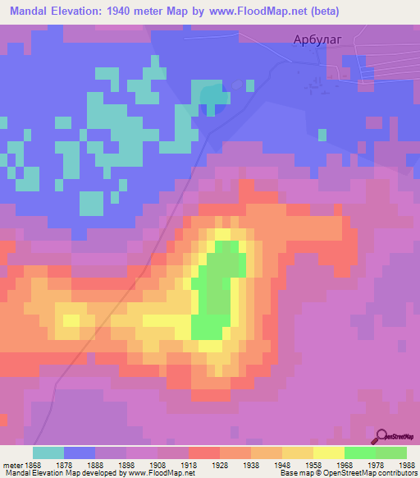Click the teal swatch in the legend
[x=48, y=453]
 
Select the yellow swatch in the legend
[x=328, y=453]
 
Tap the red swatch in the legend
[x=203, y=453]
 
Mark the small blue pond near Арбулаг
[x=216, y=98]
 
